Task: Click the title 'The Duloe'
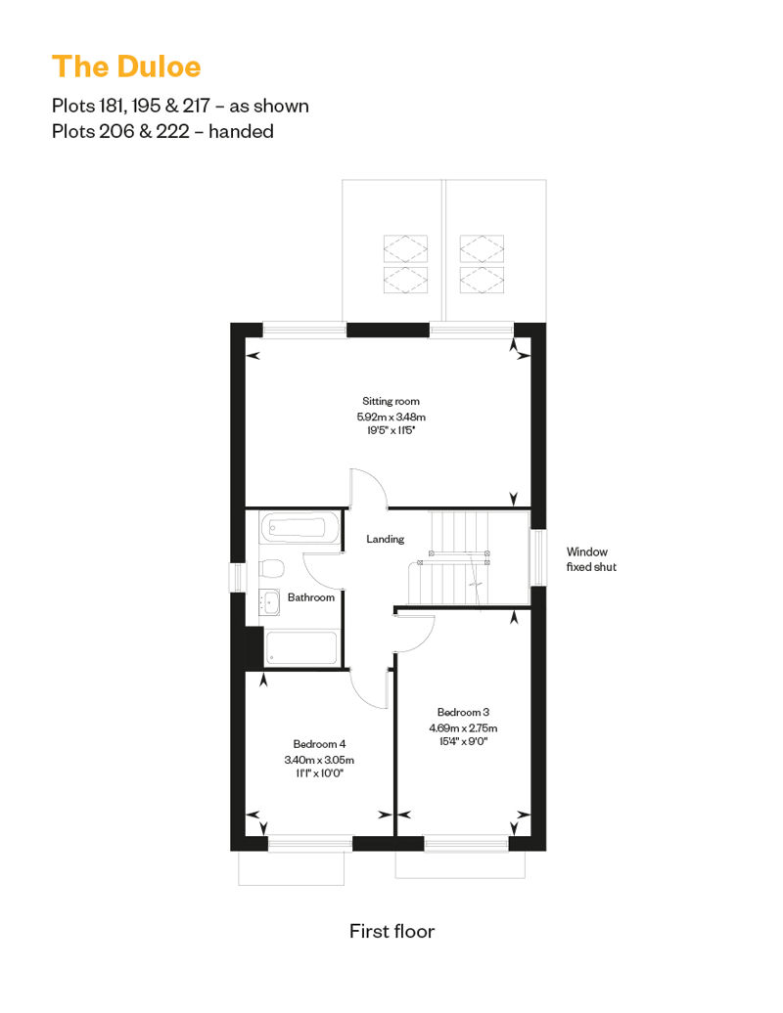tap(126, 66)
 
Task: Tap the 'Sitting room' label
tap(391, 401)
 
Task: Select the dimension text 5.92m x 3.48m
tap(391, 417)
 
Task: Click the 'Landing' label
tap(386, 539)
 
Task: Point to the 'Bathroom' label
tap(311, 596)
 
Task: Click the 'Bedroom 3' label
tap(463, 712)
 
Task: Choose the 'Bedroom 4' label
tap(319, 743)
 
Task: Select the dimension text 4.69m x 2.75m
tap(463, 727)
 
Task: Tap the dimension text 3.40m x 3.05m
tap(319, 760)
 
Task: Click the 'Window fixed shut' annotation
tap(591, 559)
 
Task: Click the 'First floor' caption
tap(391, 931)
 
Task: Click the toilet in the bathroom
tap(271, 568)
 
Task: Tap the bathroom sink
tap(269, 602)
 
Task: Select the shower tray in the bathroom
tap(301, 647)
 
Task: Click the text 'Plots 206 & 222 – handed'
tap(162, 131)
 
